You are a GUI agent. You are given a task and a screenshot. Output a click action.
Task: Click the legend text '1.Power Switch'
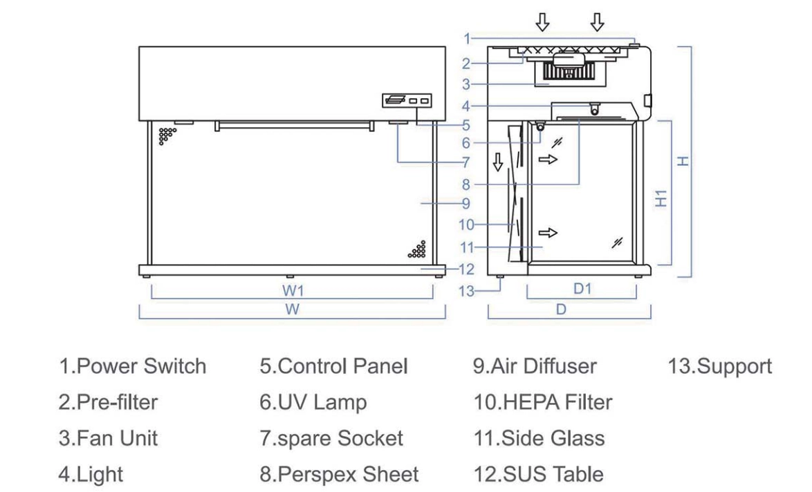tap(131, 366)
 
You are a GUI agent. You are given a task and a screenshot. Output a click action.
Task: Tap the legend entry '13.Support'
tap(719, 366)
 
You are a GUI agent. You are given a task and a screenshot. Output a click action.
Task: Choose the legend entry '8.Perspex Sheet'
tap(339, 474)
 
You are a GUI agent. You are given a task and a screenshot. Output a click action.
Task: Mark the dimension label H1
tap(663, 199)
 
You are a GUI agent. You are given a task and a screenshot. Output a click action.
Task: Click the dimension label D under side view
tap(562, 310)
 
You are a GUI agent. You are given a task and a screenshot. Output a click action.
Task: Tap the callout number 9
tap(465, 203)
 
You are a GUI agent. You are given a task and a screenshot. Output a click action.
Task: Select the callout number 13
tap(469, 291)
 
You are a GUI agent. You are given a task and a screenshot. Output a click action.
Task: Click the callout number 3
tap(467, 84)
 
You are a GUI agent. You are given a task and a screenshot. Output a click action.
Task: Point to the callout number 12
tap(468, 269)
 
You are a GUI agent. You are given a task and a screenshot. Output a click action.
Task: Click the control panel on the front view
tap(407, 101)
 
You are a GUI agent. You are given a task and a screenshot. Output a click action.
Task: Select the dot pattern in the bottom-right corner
tap(417, 249)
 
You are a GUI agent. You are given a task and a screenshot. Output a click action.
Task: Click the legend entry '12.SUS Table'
tap(537, 474)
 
